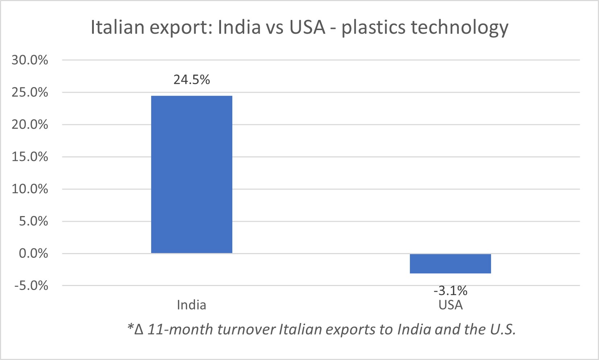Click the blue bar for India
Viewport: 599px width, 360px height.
191,174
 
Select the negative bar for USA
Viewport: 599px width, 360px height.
450,264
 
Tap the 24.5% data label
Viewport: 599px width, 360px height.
191,80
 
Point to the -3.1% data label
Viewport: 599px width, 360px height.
450,290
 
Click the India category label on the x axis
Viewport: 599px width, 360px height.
191,305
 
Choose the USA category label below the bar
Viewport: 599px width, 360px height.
450,305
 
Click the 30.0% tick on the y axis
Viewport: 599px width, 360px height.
30,60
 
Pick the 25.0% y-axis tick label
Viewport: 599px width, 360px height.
30,92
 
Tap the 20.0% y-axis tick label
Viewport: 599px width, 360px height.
30,124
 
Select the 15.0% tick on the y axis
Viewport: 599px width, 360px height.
30,157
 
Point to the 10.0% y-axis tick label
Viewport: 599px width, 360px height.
30,189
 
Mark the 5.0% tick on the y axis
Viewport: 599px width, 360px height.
33,221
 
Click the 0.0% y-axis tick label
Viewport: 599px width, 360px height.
33,253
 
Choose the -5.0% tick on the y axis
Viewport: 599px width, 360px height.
31,286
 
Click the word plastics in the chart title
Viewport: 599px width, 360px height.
373,28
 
